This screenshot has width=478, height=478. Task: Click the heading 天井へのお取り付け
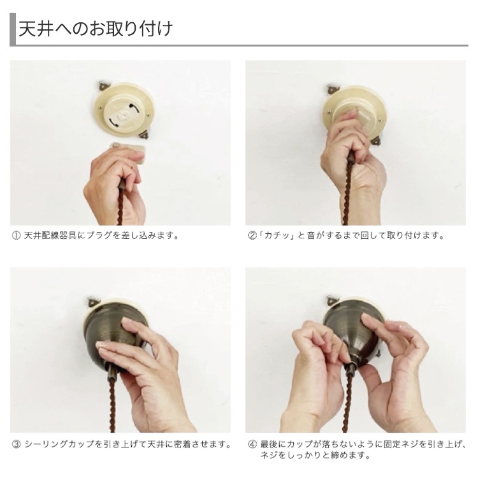96,29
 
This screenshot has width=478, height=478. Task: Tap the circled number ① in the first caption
16,236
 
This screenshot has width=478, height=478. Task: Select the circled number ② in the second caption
252,236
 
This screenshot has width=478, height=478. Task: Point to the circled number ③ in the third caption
16,444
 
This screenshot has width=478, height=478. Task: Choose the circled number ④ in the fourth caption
252,444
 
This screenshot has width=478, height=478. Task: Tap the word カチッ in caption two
277,236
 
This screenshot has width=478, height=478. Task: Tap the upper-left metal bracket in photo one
103,86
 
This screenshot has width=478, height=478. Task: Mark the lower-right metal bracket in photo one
143,134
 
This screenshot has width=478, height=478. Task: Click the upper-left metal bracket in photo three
92,302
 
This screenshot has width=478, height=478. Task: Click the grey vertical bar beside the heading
13,29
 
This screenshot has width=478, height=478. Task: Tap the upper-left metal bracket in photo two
332,89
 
